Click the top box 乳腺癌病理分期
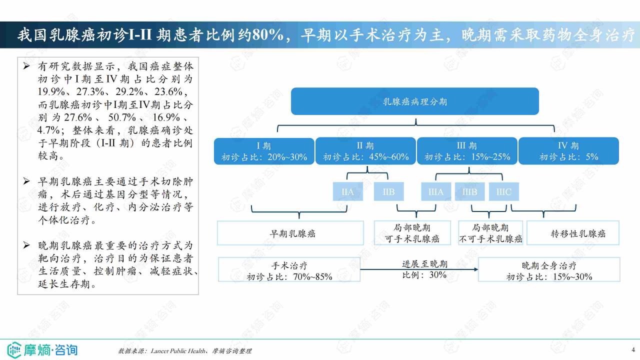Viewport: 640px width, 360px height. tap(415, 101)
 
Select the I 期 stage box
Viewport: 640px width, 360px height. tap(264, 151)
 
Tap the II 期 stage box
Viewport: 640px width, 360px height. tap(365, 151)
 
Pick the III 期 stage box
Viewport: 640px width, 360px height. tap(467, 151)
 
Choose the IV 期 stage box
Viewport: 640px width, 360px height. tap(568, 151)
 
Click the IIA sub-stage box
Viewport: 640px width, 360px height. tap(347, 191)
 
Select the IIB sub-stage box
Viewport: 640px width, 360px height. tap(389, 191)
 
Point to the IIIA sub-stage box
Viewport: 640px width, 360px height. tap(436, 191)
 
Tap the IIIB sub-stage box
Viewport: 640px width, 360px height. tap(469, 191)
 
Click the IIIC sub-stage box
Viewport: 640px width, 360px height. tap(503, 191)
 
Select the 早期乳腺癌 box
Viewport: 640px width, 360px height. tap(290, 233)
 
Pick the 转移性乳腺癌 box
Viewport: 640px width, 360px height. tap(573, 233)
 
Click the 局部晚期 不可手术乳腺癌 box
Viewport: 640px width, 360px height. tap(490, 233)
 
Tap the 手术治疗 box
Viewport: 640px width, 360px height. tap(289, 269)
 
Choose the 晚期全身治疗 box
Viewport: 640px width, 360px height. tap(549, 269)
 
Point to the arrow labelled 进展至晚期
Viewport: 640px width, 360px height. tap(419, 269)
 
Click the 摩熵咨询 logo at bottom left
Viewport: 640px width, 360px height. tap(42, 350)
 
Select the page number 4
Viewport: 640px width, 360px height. tap(633, 349)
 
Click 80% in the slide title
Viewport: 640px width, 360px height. tap(267, 35)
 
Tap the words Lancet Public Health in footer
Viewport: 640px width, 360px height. tap(177, 351)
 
